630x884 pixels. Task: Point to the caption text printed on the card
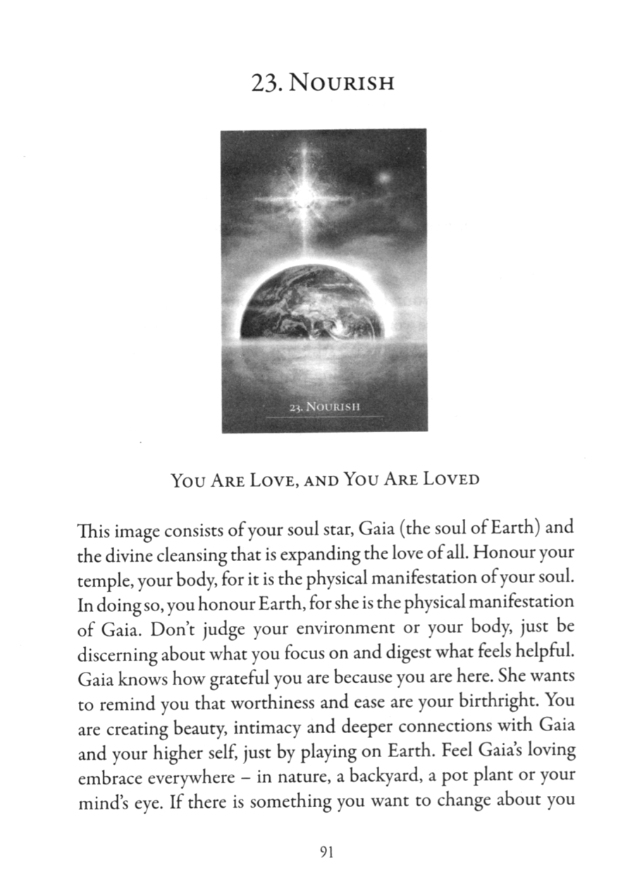pos(325,407)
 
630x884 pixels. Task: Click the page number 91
pos(325,852)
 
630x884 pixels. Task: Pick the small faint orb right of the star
pos(384,178)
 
